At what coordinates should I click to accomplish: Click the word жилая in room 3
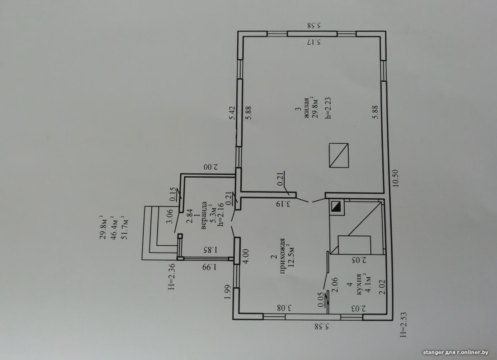(x=307, y=108)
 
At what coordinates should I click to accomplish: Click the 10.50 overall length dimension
(x=396, y=178)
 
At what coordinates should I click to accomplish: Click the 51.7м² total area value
(x=123, y=227)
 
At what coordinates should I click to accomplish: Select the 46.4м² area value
(x=113, y=227)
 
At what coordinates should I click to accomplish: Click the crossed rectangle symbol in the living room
(x=338, y=155)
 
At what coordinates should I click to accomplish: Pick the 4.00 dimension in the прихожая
(x=246, y=256)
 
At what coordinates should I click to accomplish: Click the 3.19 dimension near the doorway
(x=284, y=203)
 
